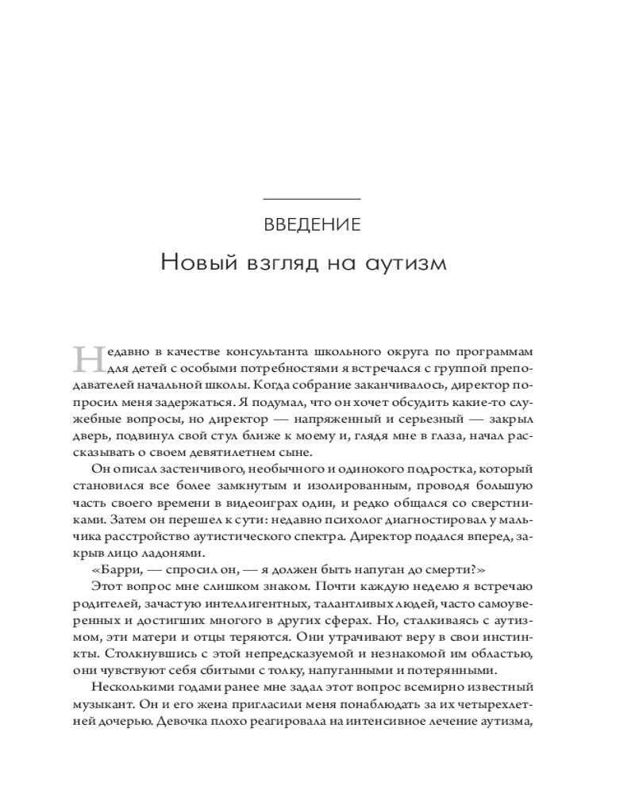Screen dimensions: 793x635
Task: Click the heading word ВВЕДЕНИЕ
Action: [311, 224]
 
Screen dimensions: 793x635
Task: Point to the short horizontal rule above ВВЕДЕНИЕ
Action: [311, 197]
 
